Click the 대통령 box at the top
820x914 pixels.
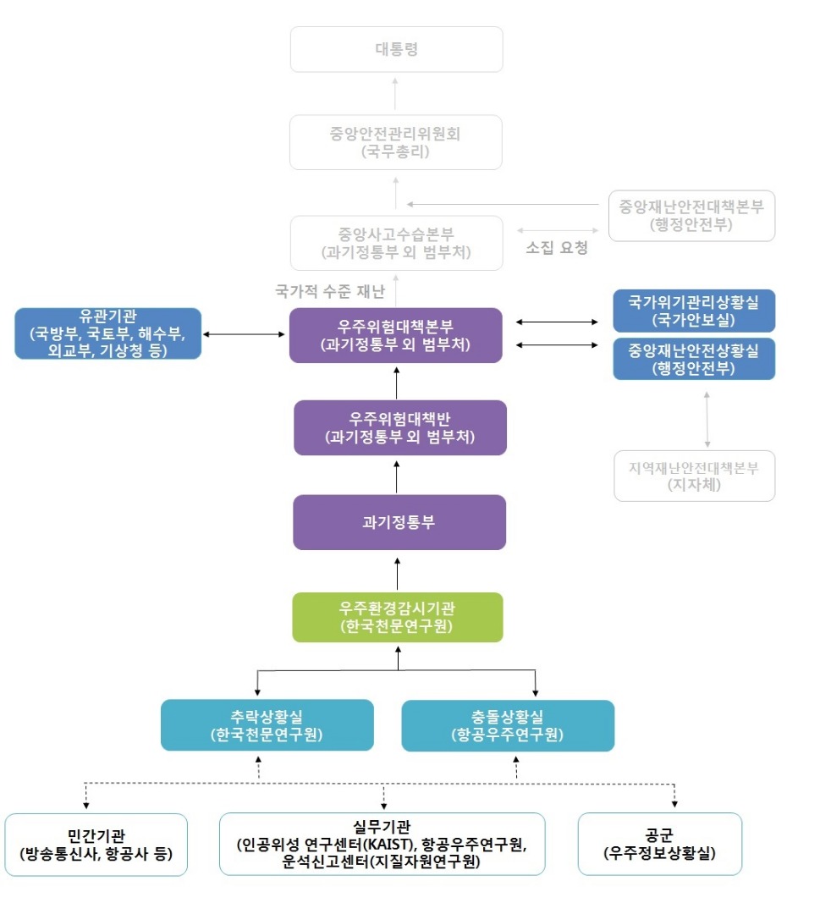click(x=396, y=49)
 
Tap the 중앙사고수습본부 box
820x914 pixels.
click(x=396, y=243)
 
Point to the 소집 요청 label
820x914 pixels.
click(x=557, y=249)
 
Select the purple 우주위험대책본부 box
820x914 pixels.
click(x=396, y=335)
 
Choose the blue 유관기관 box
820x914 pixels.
click(x=108, y=333)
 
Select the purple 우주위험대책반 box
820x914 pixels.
click(x=399, y=427)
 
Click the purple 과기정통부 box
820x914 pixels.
click(x=399, y=522)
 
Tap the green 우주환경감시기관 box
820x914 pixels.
click(x=398, y=616)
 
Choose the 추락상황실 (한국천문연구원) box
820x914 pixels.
click(x=267, y=724)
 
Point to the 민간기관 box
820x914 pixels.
click(x=96, y=844)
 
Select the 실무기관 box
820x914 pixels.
click(x=382, y=844)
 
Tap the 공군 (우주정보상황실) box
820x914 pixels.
click(x=660, y=844)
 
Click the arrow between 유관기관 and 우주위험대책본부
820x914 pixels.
click(x=245, y=334)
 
